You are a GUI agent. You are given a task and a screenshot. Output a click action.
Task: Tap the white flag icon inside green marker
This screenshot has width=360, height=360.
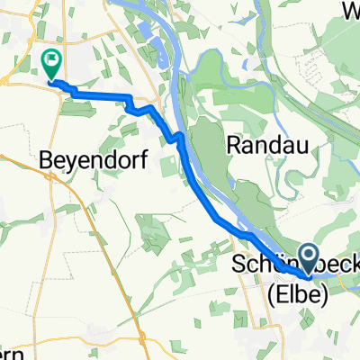pos(51,62)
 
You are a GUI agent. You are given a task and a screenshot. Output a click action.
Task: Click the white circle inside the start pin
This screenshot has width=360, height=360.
pos(308,255)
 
